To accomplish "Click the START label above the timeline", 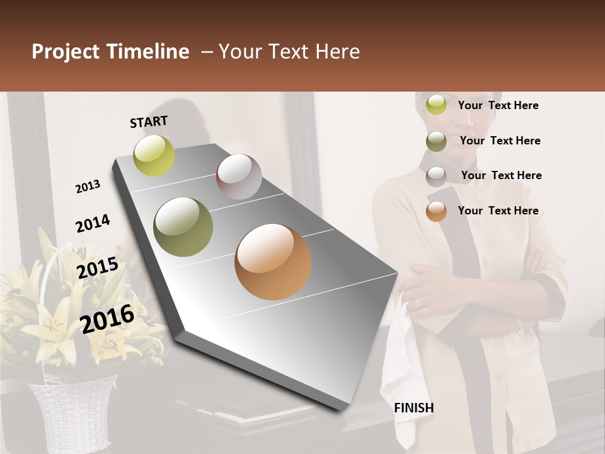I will point(149,122).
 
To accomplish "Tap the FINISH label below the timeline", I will point(413,408).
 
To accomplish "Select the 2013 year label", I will point(88,187).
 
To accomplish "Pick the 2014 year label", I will point(93,224).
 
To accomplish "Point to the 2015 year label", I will point(97,268).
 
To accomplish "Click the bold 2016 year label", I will point(107,318).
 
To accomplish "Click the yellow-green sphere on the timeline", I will point(154,155).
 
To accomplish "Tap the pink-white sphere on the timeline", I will point(239,177).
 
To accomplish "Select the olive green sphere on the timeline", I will point(183,227).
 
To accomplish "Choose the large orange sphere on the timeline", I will point(273,262).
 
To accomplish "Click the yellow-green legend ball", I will point(436,105).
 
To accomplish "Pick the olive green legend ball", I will point(436,141).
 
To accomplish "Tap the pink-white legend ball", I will point(436,177).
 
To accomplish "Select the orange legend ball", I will point(436,212).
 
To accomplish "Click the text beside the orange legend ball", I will point(498,211).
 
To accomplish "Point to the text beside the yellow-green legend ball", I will point(498,105).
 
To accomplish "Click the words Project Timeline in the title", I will point(110,52).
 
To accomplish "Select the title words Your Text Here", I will point(289,52).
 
